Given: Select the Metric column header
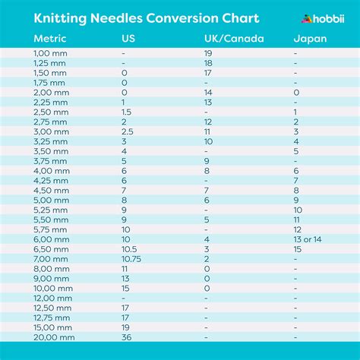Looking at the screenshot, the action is (50, 39).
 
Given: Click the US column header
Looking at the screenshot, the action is (129, 39).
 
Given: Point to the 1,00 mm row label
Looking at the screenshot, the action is (51, 53).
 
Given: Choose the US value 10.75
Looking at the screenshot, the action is (132, 258).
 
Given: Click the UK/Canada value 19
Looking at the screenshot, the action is (208, 53).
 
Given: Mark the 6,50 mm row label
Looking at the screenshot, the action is (52, 248).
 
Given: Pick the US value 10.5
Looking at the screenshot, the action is (130, 248).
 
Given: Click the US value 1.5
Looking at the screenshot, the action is (127, 111).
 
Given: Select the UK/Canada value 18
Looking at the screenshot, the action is (208, 63).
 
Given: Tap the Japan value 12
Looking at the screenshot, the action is (297, 229).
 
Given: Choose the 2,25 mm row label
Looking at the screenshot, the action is (52, 102).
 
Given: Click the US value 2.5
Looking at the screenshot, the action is (128, 131).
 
